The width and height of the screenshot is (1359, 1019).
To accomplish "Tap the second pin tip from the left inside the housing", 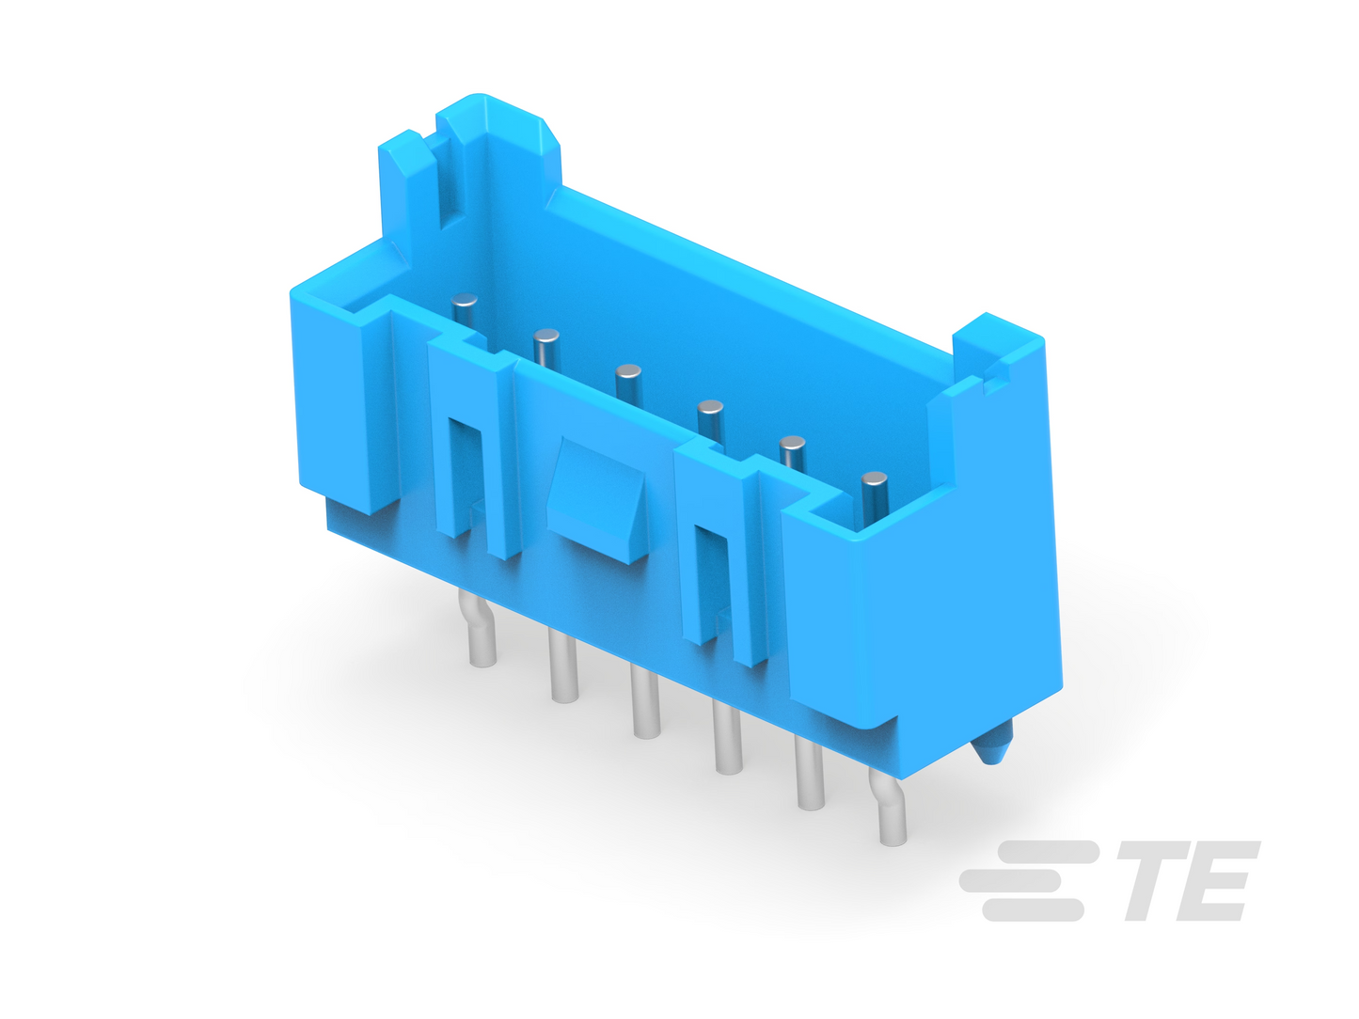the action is [545, 337].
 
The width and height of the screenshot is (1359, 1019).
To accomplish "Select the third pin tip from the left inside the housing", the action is [628, 372].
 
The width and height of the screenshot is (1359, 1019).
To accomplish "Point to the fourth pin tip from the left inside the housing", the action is [710, 408].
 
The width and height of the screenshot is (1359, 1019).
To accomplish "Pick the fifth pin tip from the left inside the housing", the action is [792, 444].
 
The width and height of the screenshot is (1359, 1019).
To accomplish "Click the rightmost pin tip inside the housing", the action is [875, 478].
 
